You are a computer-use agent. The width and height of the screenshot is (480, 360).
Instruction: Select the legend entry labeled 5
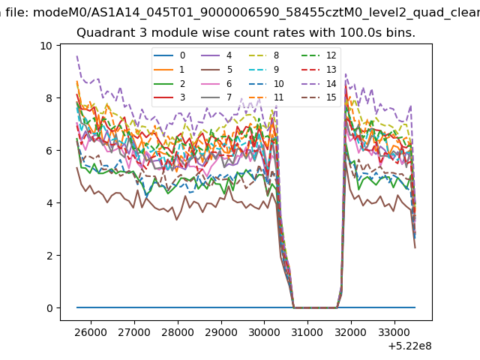(x=217, y=70)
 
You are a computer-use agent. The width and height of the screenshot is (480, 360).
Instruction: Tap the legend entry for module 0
(x=169, y=55)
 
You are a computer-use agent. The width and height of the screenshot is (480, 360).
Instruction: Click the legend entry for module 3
(x=169, y=97)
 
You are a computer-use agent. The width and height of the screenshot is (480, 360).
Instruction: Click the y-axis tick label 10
(x=46, y=46)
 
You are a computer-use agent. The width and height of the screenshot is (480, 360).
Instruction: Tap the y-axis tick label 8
(x=49, y=98)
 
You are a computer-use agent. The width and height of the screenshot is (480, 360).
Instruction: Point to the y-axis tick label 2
(x=49, y=256)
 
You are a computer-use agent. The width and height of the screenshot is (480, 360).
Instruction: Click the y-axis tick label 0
(x=49, y=308)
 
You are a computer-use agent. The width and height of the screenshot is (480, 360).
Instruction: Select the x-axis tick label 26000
(x=91, y=332)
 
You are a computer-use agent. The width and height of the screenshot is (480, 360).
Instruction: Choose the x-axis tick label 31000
(x=307, y=332)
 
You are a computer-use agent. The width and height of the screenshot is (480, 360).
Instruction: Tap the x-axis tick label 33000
(x=394, y=332)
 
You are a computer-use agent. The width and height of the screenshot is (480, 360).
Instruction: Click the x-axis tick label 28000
(x=178, y=332)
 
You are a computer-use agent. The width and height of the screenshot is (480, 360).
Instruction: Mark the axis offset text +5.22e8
(x=409, y=346)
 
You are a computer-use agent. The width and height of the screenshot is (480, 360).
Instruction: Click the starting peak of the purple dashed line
(x=76, y=56)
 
